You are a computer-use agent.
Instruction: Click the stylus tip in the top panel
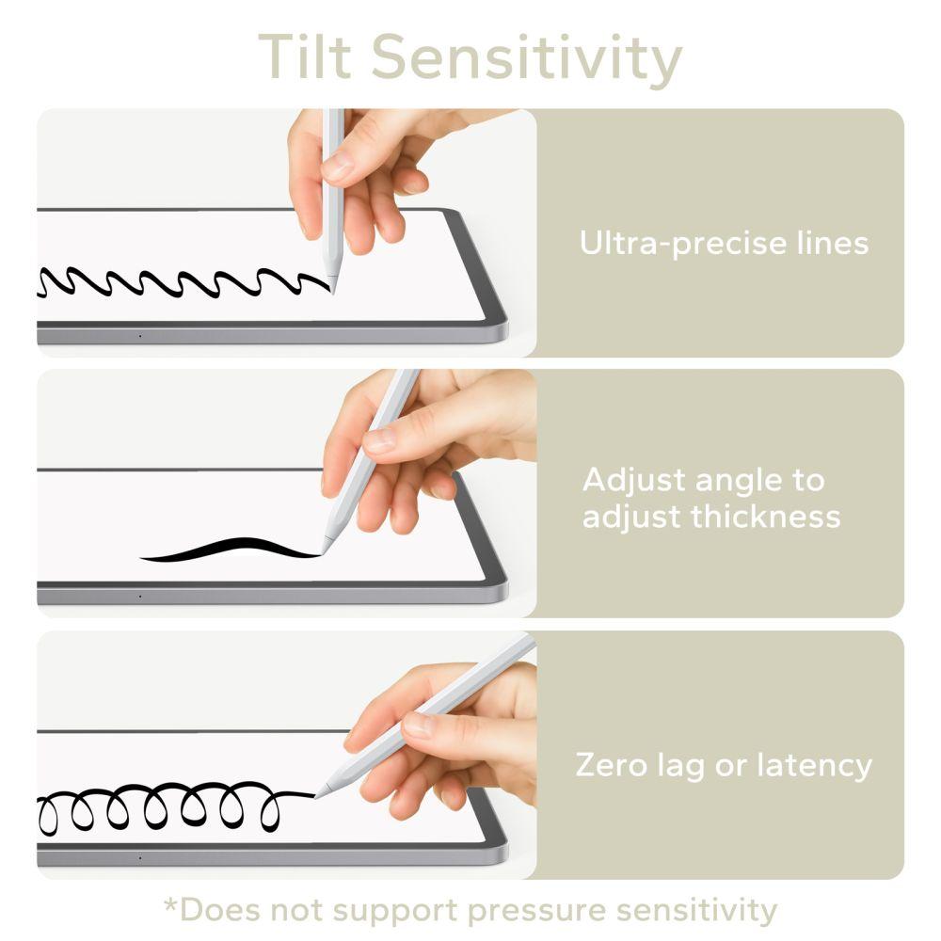pyautogui.click(x=332, y=288)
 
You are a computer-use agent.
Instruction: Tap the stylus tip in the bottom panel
pyautogui.click(x=318, y=795)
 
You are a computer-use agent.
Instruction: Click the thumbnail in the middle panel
pyautogui.click(x=381, y=439)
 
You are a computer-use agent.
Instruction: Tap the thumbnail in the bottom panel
pyautogui.click(x=418, y=725)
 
